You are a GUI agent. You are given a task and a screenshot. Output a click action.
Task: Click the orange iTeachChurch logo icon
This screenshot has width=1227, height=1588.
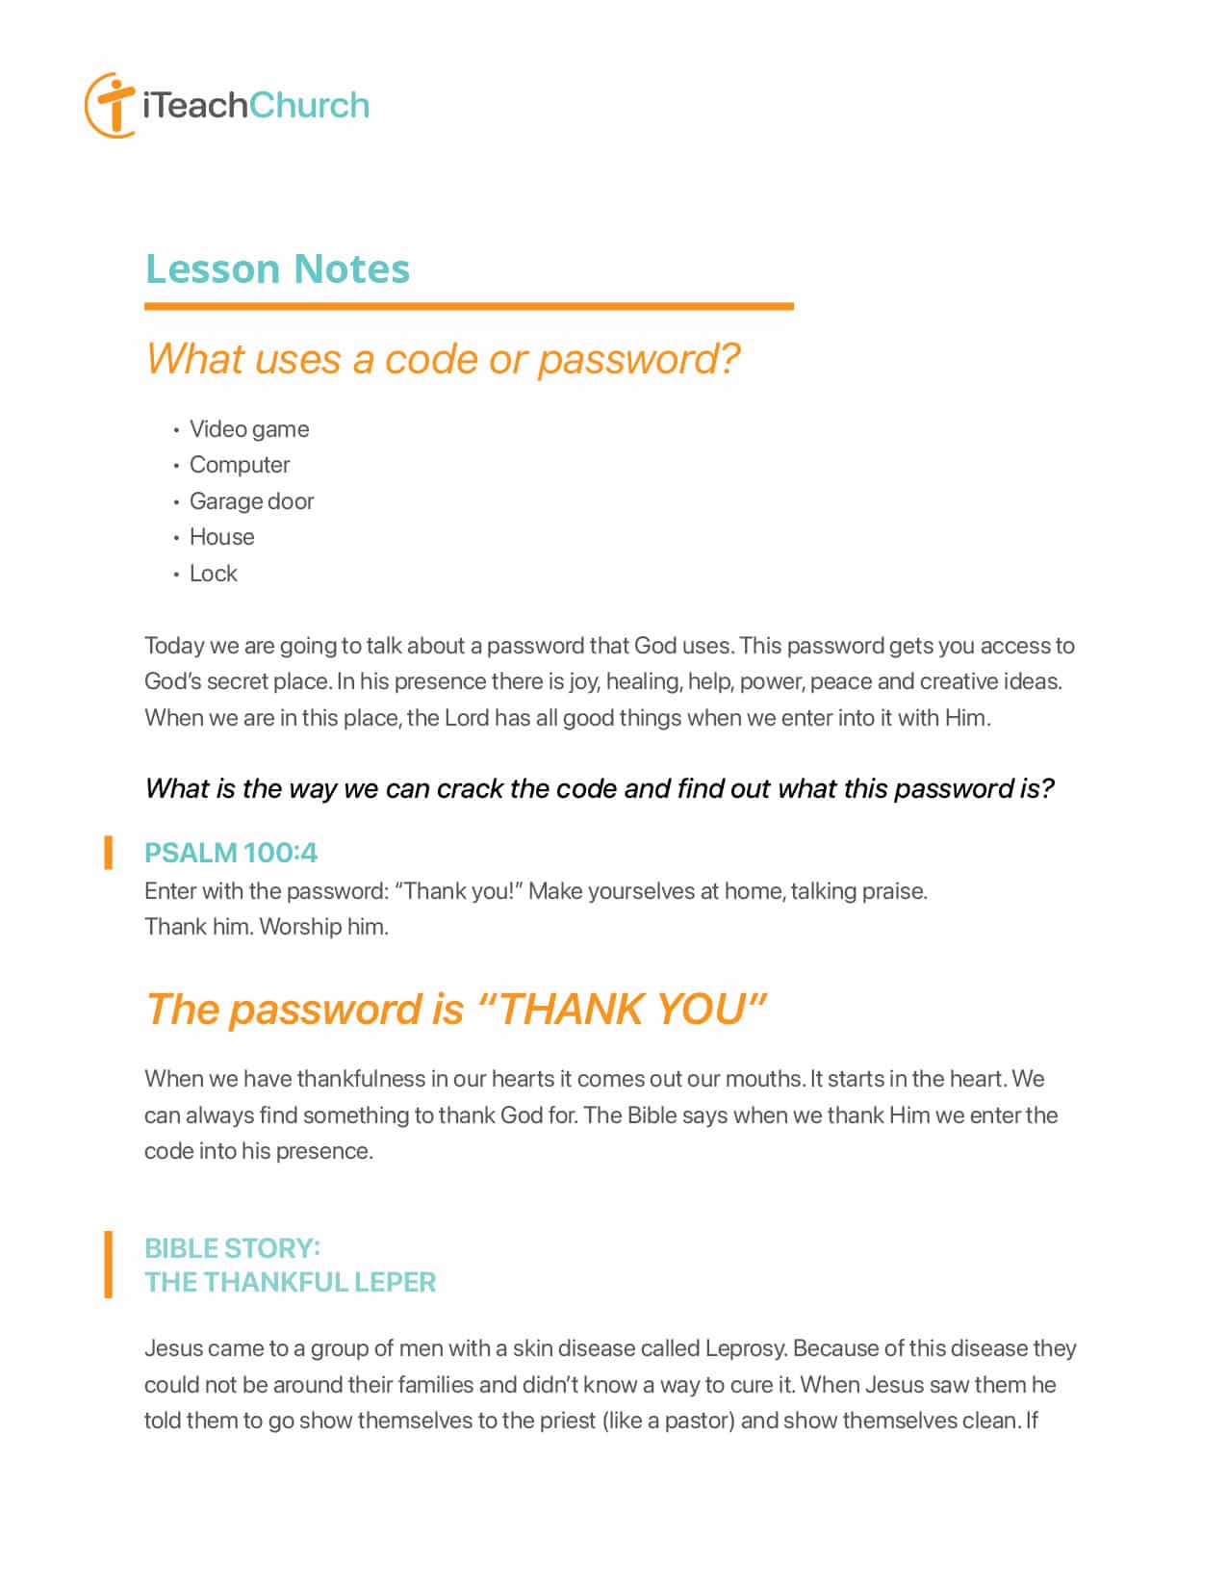coord(110,104)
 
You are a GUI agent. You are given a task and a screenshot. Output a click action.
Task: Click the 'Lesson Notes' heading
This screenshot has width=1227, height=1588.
coord(277,269)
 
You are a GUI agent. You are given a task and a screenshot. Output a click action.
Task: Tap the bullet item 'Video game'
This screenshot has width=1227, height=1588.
coord(248,429)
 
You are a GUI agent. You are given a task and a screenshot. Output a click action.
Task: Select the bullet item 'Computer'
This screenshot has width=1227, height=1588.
coord(239,465)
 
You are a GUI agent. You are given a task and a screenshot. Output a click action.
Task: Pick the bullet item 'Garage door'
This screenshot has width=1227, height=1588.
coord(251,501)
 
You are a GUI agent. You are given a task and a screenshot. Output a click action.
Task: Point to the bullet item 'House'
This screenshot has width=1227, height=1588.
coord(221,537)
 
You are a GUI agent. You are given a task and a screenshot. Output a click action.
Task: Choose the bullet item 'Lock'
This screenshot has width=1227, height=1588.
coord(213,574)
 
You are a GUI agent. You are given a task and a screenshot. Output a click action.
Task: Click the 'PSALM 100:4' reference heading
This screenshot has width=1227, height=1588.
coord(230,853)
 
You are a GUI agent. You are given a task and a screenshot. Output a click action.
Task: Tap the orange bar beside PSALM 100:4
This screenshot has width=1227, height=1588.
coord(109,853)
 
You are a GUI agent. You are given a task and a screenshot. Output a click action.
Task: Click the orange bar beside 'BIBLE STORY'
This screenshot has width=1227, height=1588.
coord(109,1265)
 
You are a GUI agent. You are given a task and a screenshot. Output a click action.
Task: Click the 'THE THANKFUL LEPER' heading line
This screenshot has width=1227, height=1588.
coord(290,1282)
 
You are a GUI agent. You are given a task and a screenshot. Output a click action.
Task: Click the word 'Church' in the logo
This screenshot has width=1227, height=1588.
coord(309,105)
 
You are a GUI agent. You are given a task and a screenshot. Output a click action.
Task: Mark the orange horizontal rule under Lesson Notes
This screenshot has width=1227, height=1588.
coord(469,307)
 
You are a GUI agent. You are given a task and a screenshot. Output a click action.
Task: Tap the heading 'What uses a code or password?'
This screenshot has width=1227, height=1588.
coord(443,359)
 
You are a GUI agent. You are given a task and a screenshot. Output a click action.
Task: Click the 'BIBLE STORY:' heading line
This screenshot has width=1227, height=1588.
coord(232,1248)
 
